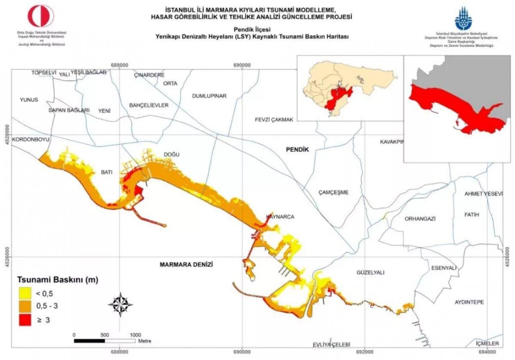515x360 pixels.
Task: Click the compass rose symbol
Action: (120, 304)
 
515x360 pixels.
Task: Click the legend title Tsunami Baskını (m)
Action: (58, 280)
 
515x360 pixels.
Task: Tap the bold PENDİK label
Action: (298, 149)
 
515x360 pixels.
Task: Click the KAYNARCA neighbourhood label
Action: (280, 217)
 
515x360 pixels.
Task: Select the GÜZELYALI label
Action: (370, 272)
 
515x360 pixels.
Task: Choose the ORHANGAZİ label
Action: (420, 218)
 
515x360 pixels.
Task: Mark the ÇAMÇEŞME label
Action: (334, 192)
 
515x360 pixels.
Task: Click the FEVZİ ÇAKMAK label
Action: (273, 120)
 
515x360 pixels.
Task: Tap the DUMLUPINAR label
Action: (209, 96)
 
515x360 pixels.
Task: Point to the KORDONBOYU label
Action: (31, 140)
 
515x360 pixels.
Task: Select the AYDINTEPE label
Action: (469, 302)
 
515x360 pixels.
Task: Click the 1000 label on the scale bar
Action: (135, 335)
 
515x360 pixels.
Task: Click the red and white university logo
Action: (41, 16)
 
